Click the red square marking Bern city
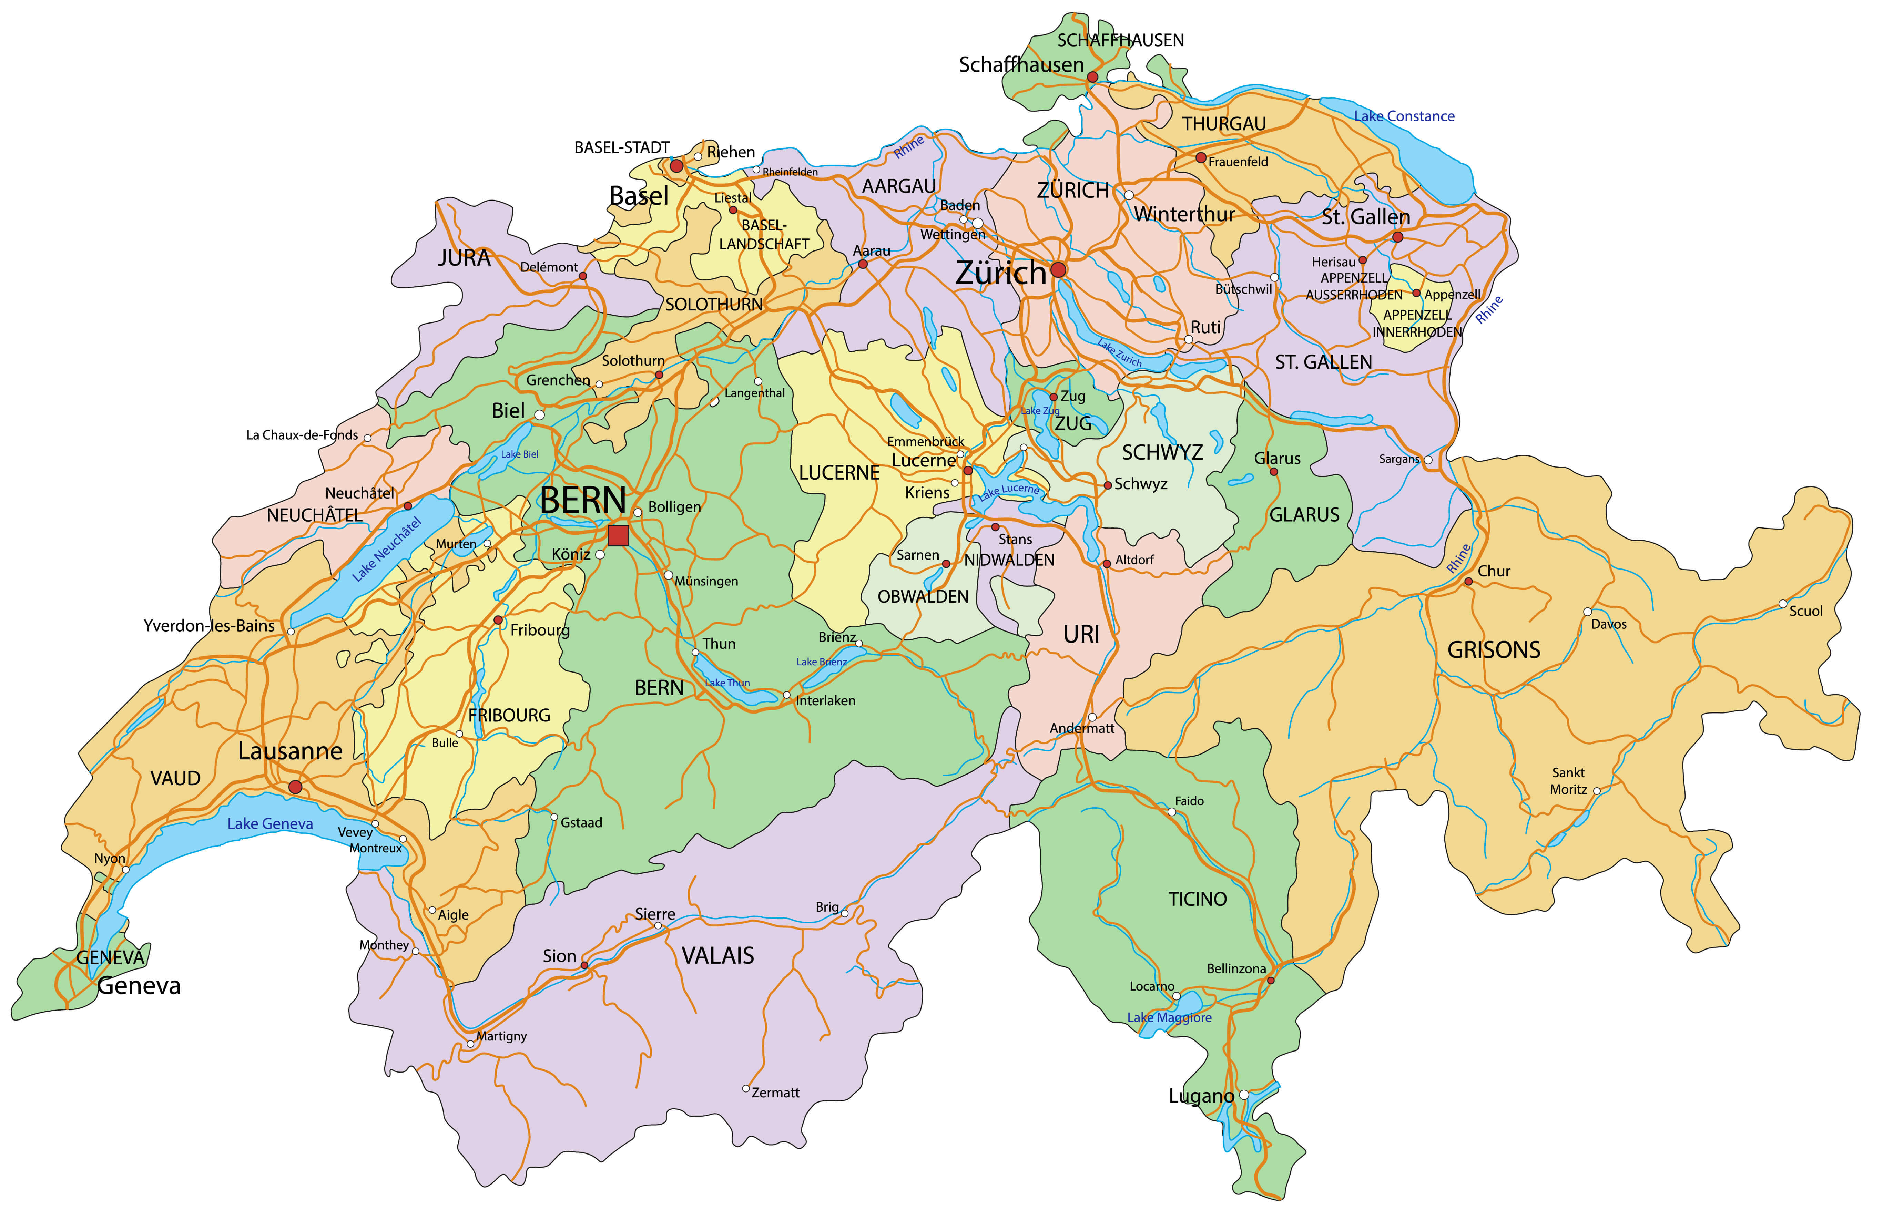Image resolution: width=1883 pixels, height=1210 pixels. (x=619, y=535)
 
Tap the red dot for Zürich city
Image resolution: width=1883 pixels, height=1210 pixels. (x=1059, y=269)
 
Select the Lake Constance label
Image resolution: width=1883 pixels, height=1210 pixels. (x=1404, y=116)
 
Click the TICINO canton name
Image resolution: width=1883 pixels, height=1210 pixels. (x=1197, y=899)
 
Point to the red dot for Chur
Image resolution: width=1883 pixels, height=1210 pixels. (x=1468, y=582)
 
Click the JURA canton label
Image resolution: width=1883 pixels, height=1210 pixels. (x=464, y=258)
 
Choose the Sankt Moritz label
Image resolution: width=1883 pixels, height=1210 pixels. (x=1569, y=781)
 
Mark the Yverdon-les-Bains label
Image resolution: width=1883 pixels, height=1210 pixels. (x=209, y=625)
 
